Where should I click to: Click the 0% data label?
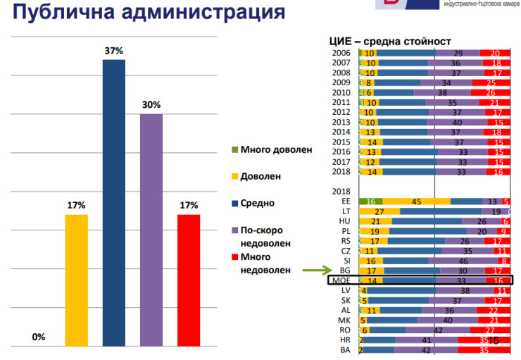click(39, 337)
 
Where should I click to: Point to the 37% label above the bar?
click(114, 51)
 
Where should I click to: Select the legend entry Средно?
click(257, 204)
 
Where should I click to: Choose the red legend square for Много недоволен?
click(236, 257)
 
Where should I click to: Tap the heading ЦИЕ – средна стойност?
click(390, 41)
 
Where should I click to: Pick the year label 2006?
click(341, 53)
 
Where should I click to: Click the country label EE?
click(345, 201)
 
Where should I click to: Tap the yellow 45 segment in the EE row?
click(416, 201)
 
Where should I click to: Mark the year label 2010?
click(341, 92)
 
